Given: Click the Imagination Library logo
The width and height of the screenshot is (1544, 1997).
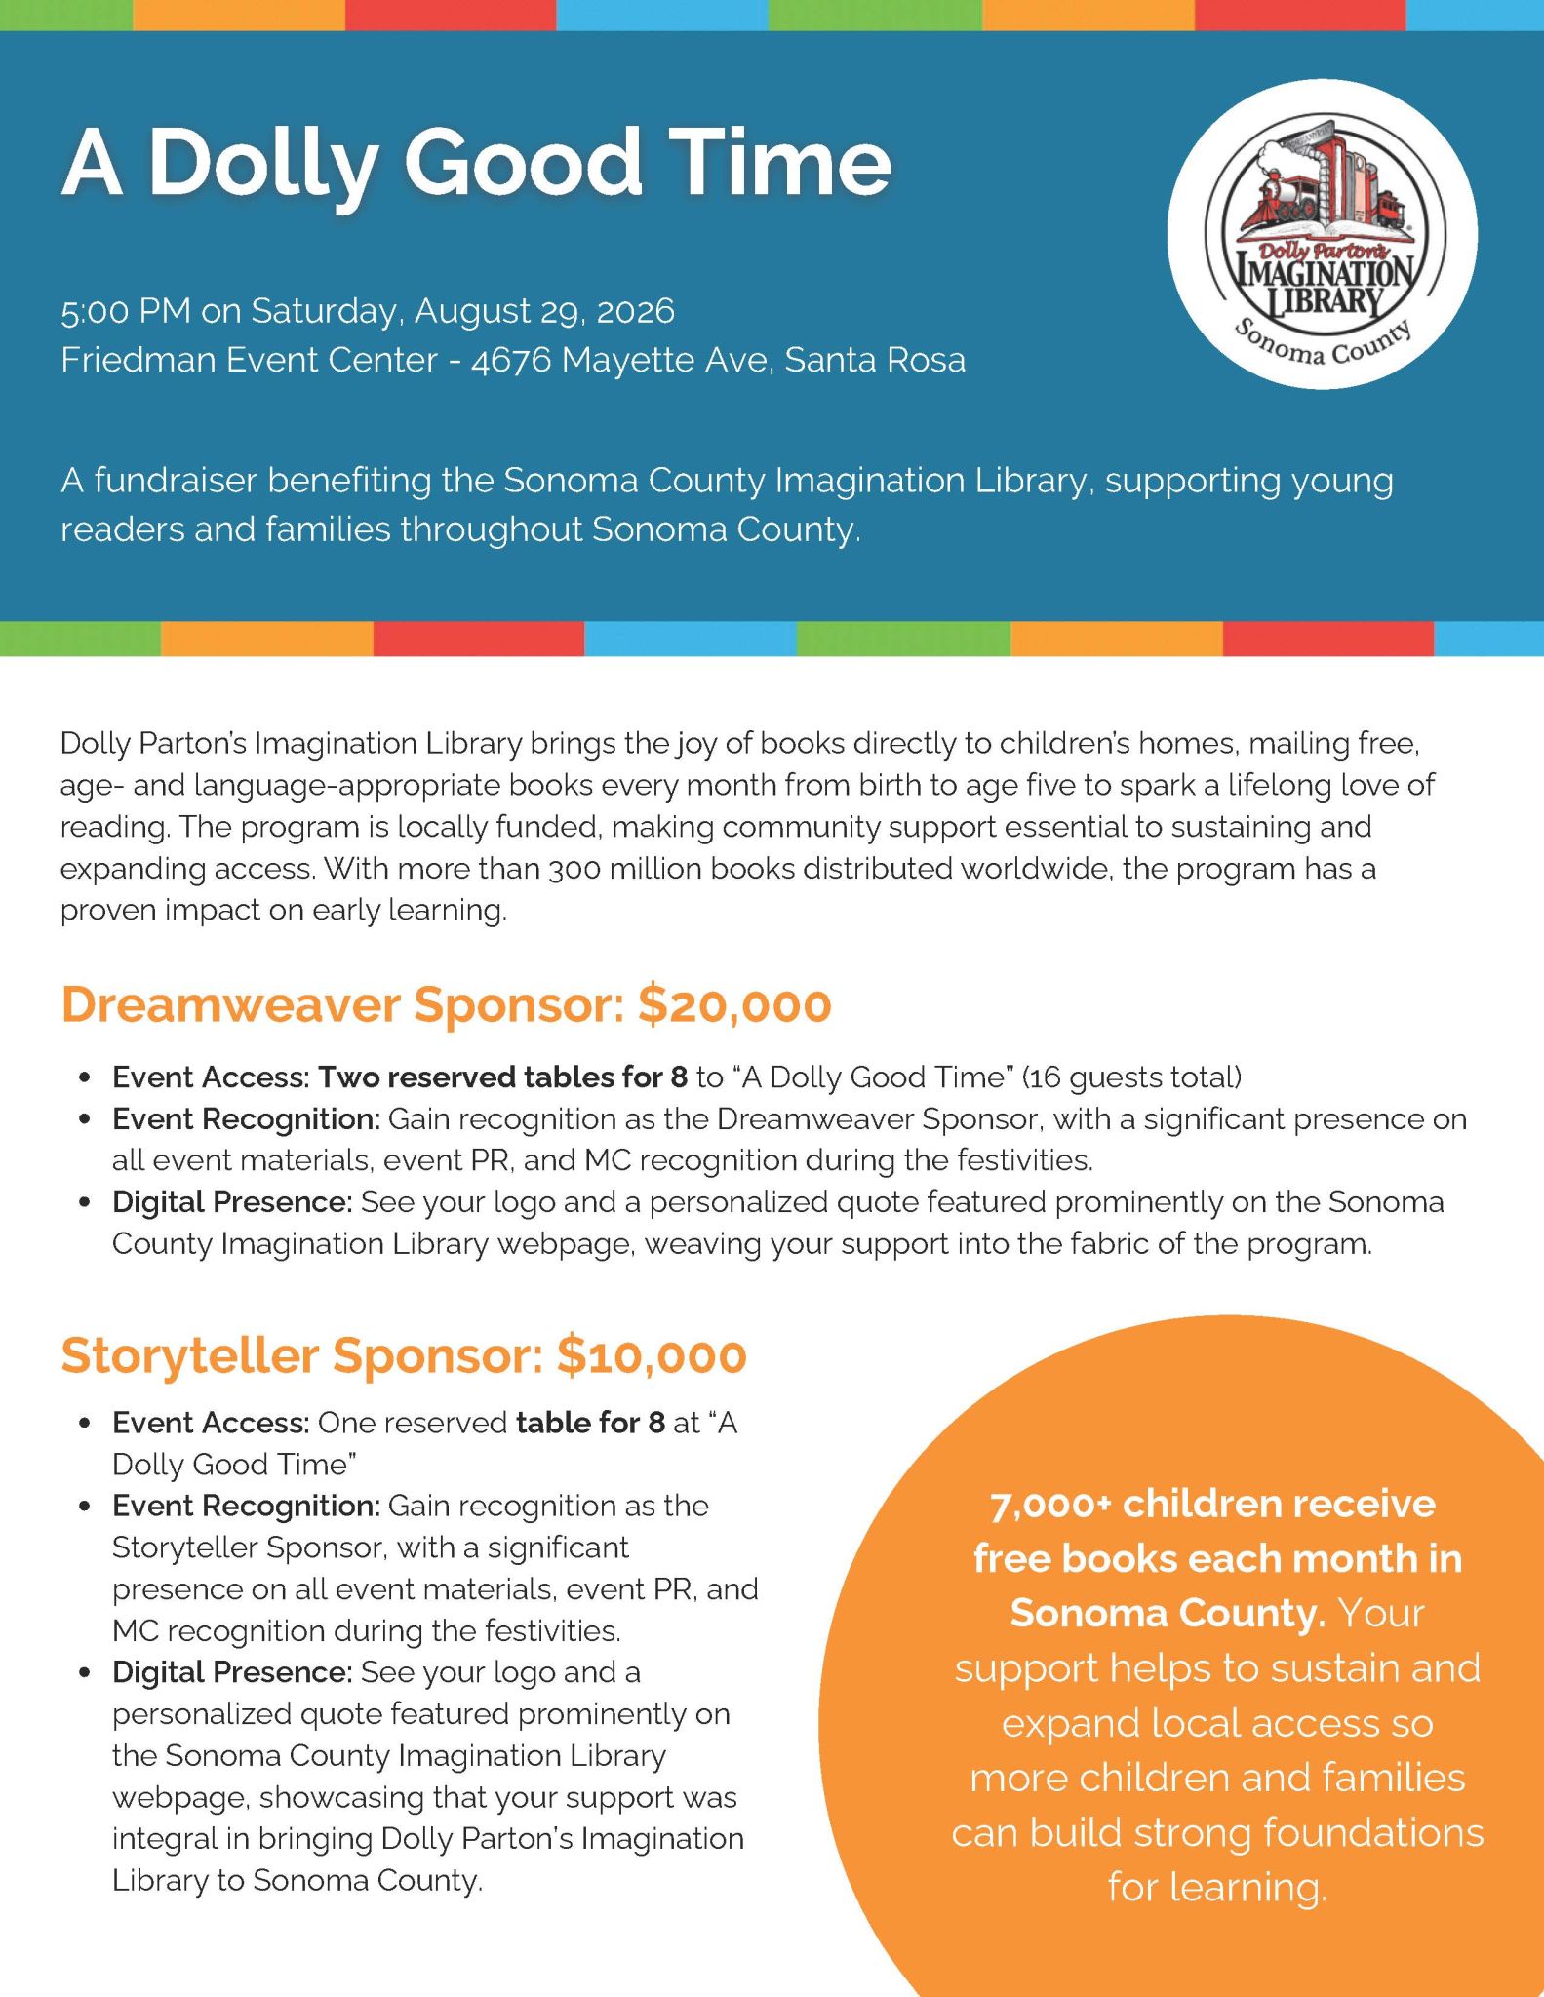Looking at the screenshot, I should [1322, 234].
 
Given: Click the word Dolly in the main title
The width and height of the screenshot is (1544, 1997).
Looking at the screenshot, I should [262, 162].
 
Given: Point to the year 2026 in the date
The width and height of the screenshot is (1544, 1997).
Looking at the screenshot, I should [635, 311].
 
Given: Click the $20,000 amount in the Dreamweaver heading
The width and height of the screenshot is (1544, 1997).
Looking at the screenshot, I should [734, 1005].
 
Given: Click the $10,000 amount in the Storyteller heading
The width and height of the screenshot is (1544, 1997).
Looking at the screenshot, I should [652, 1356].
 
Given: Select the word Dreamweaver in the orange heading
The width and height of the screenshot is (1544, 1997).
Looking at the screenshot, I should [231, 1005].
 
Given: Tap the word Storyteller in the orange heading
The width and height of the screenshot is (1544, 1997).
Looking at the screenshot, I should [190, 1356].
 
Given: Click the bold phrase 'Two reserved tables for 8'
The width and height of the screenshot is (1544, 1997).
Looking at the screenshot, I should [503, 1077].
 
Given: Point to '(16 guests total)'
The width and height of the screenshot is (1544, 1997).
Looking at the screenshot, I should [1131, 1077].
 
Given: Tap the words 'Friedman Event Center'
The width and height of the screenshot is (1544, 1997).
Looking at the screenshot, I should [249, 361].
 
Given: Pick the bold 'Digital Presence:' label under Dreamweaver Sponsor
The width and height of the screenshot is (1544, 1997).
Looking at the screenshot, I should [232, 1202].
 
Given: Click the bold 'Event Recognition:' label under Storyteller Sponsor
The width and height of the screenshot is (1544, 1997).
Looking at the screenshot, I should [246, 1507].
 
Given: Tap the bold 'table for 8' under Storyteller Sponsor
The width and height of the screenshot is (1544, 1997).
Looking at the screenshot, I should [590, 1424].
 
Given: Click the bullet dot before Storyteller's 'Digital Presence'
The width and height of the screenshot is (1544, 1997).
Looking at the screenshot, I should [86, 1673].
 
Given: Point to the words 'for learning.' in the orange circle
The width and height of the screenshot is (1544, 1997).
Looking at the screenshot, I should [1217, 1888].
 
